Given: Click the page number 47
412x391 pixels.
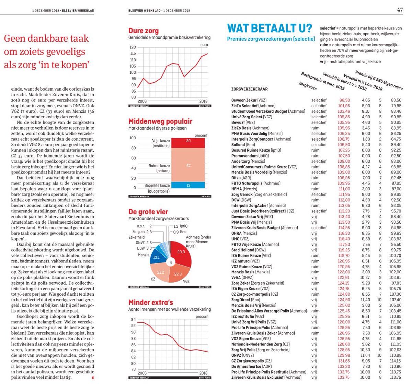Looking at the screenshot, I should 400,10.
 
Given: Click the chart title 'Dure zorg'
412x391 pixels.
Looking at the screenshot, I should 144,31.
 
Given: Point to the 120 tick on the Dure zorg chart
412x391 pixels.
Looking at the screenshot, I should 133,47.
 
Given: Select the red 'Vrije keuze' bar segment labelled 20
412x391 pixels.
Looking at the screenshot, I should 188,143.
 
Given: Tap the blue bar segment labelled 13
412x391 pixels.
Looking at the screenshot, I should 188,185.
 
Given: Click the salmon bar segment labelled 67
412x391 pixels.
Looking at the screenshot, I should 188,165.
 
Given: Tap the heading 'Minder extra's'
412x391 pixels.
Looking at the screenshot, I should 150,302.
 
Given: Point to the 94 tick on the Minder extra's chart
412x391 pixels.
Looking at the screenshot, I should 133,320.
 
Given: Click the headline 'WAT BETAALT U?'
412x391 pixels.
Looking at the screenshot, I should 270,28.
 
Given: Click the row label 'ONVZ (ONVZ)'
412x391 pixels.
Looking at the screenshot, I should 242,355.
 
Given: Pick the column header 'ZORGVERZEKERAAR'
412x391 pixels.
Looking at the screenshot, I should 249,89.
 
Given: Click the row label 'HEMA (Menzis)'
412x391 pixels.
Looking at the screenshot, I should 244,189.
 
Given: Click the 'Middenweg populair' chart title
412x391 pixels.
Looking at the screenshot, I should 160,121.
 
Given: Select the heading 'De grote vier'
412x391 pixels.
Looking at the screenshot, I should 148,212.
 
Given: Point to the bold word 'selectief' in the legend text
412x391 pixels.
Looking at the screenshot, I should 328,28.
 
